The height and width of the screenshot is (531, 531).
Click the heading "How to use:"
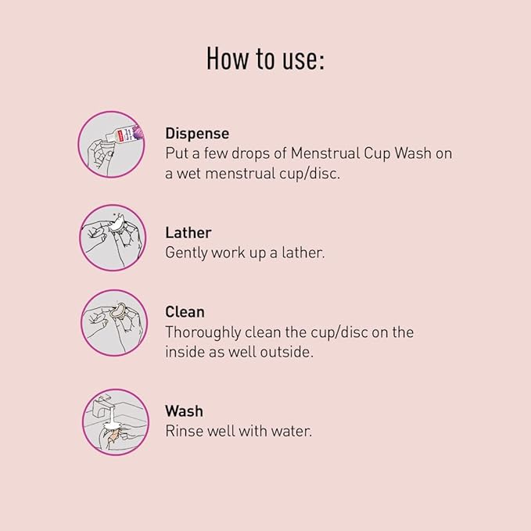(x=266, y=59)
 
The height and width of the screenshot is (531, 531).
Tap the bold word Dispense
(x=197, y=134)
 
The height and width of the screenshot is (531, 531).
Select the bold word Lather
(x=188, y=232)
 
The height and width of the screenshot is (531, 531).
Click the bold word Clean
(x=185, y=312)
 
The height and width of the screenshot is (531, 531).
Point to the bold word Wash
(x=185, y=411)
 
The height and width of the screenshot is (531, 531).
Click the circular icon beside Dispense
(x=111, y=145)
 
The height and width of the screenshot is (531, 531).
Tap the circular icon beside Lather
(x=113, y=238)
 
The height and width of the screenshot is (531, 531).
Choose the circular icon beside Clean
(x=114, y=323)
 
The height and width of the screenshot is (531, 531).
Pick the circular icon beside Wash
(x=116, y=422)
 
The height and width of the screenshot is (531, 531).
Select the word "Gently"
(x=186, y=253)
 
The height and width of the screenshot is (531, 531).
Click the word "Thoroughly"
(x=203, y=333)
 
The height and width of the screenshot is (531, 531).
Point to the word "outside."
(x=286, y=352)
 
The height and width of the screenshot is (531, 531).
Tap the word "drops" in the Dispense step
(x=250, y=154)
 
